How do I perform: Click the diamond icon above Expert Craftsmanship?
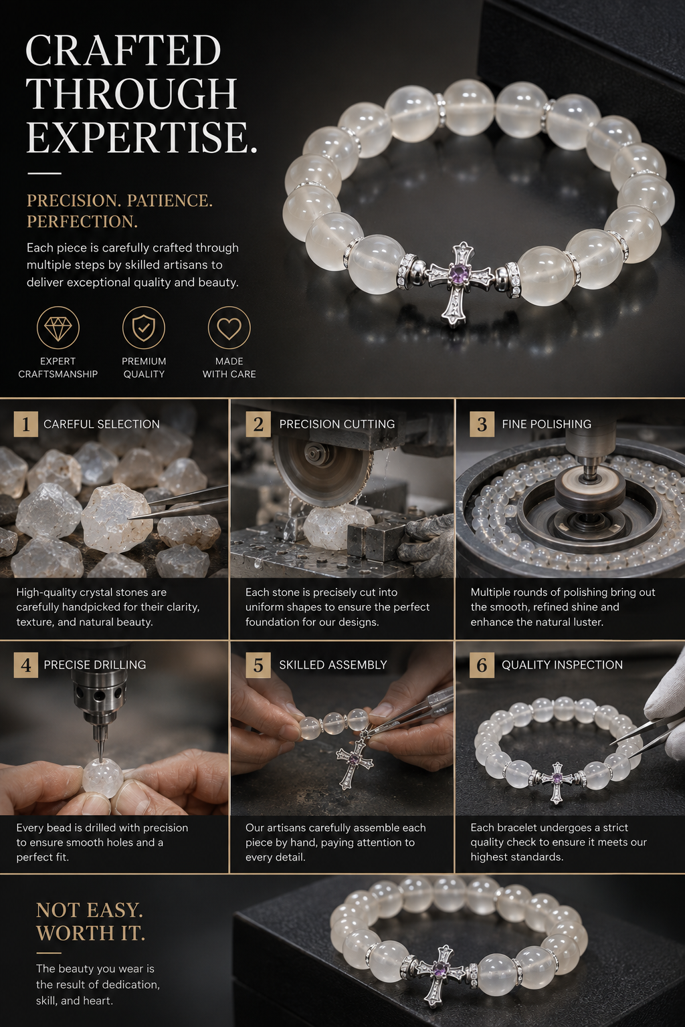tap(58, 328)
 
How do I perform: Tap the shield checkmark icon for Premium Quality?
tap(144, 328)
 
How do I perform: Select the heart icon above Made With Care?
tap(229, 328)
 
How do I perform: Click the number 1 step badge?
tap(25, 424)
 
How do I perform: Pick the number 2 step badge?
tap(258, 424)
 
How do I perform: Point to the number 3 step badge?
tap(482, 424)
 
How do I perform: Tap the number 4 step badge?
tap(25, 665)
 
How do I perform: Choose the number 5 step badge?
tap(258, 665)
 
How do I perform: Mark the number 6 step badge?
tap(482, 665)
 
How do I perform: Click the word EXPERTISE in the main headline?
tap(141, 138)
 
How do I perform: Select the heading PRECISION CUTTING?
tap(336, 424)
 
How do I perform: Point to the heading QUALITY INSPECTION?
tap(562, 665)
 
